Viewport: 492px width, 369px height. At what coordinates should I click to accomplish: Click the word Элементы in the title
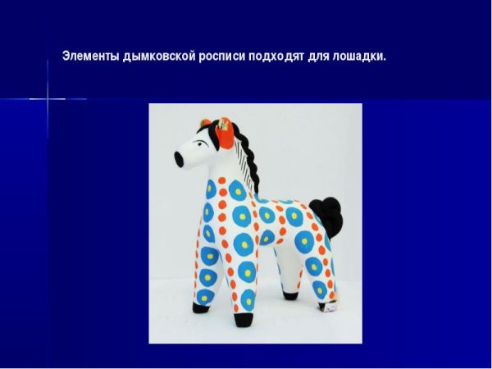[x=90, y=57]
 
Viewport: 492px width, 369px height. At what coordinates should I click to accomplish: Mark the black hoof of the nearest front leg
[x=201, y=307]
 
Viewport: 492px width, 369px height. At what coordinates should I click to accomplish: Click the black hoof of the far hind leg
[x=290, y=294]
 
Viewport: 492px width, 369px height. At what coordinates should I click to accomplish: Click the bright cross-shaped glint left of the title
[x=48, y=99]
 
